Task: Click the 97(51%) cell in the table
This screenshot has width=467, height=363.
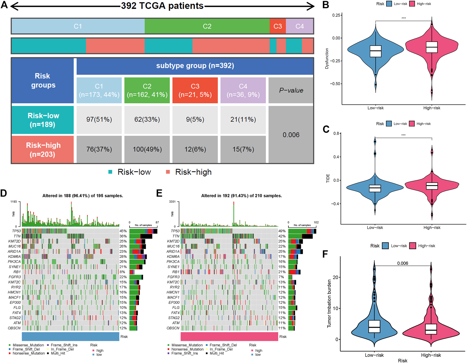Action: click(x=99, y=119)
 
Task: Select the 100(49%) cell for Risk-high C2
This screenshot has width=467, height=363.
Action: click(x=147, y=149)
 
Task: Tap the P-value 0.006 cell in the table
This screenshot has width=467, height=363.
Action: click(x=291, y=135)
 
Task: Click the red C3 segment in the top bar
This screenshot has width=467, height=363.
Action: click(x=278, y=26)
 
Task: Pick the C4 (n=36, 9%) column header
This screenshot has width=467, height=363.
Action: click(x=243, y=90)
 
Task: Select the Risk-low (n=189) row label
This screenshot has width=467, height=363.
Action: click(x=43, y=120)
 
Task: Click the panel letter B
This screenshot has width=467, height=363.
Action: click(x=326, y=5)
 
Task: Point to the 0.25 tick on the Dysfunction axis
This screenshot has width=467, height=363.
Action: click(x=336, y=15)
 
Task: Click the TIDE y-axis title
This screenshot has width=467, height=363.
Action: click(x=328, y=178)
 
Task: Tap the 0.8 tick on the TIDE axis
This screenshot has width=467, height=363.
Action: click(x=336, y=133)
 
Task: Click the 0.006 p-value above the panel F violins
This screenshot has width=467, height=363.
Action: click(x=402, y=263)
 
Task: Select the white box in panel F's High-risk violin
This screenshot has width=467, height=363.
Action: click(x=431, y=329)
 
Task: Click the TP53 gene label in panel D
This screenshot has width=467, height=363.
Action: click(x=16, y=231)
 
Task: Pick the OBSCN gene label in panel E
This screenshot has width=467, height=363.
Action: click(x=173, y=328)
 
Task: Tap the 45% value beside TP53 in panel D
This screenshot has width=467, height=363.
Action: click(x=123, y=231)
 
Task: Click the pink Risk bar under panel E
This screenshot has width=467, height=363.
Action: click(x=229, y=336)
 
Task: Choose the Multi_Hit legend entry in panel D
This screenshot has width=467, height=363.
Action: click(x=58, y=353)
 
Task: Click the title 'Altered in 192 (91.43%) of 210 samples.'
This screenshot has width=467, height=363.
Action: click(x=241, y=196)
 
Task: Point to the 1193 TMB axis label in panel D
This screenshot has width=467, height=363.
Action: click(x=13, y=202)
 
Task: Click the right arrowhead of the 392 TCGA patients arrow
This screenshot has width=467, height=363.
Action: click(x=311, y=6)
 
